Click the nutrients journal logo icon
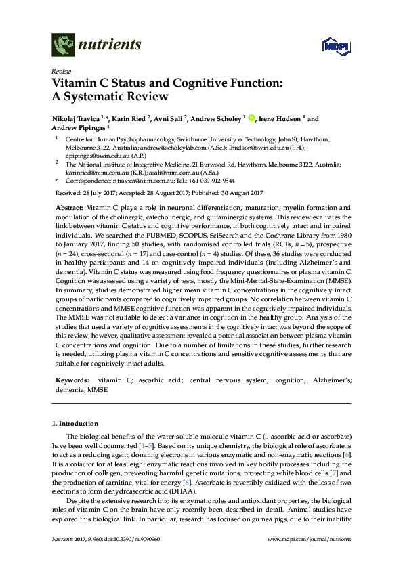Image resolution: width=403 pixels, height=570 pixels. [64, 45]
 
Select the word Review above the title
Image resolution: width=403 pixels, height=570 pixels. [60, 72]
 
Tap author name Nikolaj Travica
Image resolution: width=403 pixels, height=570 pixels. [76, 119]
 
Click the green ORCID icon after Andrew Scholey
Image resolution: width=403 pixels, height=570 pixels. [251, 119]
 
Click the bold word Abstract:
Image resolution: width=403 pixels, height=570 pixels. [68, 206]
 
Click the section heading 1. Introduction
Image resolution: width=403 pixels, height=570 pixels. [75, 423]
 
